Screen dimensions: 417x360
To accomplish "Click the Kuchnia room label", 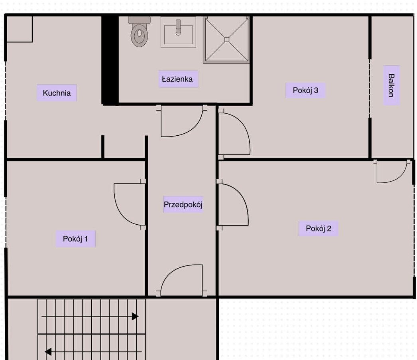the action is [x=57, y=93].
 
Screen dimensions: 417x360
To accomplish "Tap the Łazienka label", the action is [x=177, y=79].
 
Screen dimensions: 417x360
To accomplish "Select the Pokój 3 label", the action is [x=305, y=90].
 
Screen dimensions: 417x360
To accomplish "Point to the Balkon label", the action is [x=391, y=85].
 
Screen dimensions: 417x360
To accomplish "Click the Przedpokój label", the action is [x=183, y=204].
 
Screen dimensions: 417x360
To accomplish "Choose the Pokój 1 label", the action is [x=75, y=239].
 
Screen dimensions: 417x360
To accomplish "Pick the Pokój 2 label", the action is [x=319, y=228].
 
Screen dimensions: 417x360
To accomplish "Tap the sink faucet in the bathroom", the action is [x=178, y=28].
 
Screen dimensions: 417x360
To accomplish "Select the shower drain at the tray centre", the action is [x=227, y=40].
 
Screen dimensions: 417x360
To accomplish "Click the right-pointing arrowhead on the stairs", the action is [x=135, y=316].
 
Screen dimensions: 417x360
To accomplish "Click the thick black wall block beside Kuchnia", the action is [x=110, y=60].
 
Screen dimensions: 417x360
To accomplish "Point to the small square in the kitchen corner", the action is [x=20, y=29].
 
